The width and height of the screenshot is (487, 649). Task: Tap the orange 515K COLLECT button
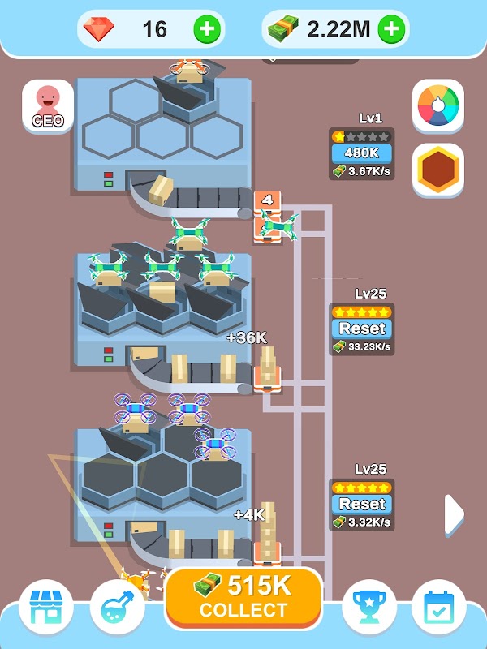(x=243, y=599)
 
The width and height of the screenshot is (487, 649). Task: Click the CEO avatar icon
(x=48, y=106)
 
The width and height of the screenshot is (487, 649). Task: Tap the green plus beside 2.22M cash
(x=392, y=29)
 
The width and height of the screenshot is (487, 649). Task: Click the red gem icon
(x=98, y=29)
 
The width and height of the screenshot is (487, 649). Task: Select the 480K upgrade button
(x=361, y=153)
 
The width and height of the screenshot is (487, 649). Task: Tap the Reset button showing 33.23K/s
(x=361, y=329)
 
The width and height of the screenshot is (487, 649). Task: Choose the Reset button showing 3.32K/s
(x=361, y=504)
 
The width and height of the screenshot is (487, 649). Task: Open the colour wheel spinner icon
(x=438, y=106)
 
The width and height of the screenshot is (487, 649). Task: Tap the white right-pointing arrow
(x=454, y=514)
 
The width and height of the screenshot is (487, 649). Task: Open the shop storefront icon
(x=46, y=607)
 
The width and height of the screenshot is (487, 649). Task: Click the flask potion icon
(x=117, y=607)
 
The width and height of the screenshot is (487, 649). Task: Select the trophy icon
(x=369, y=607)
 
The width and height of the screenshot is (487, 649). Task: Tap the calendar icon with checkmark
(x=439, y=607)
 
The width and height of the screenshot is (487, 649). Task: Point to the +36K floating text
(x=247, y=337)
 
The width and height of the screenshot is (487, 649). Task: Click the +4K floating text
(x=249, y=515)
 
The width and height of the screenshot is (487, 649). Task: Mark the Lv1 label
(x=370, y=118)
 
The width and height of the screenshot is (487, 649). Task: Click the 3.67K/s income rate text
(x=369, y=171)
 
